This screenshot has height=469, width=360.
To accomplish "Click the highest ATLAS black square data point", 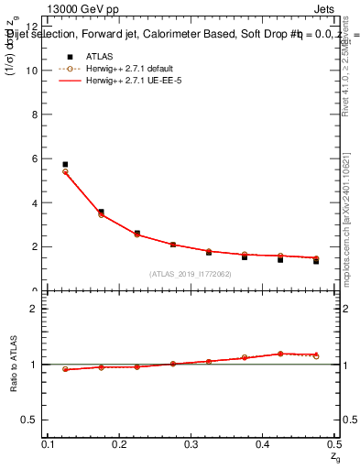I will [65, 164].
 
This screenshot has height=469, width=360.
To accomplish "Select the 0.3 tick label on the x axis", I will [191, 444].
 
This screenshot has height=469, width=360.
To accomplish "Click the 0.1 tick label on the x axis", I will [49, 444].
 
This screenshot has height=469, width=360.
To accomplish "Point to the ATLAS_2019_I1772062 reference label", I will [190, 274].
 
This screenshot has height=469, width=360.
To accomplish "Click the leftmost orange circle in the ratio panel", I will [65, 369].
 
